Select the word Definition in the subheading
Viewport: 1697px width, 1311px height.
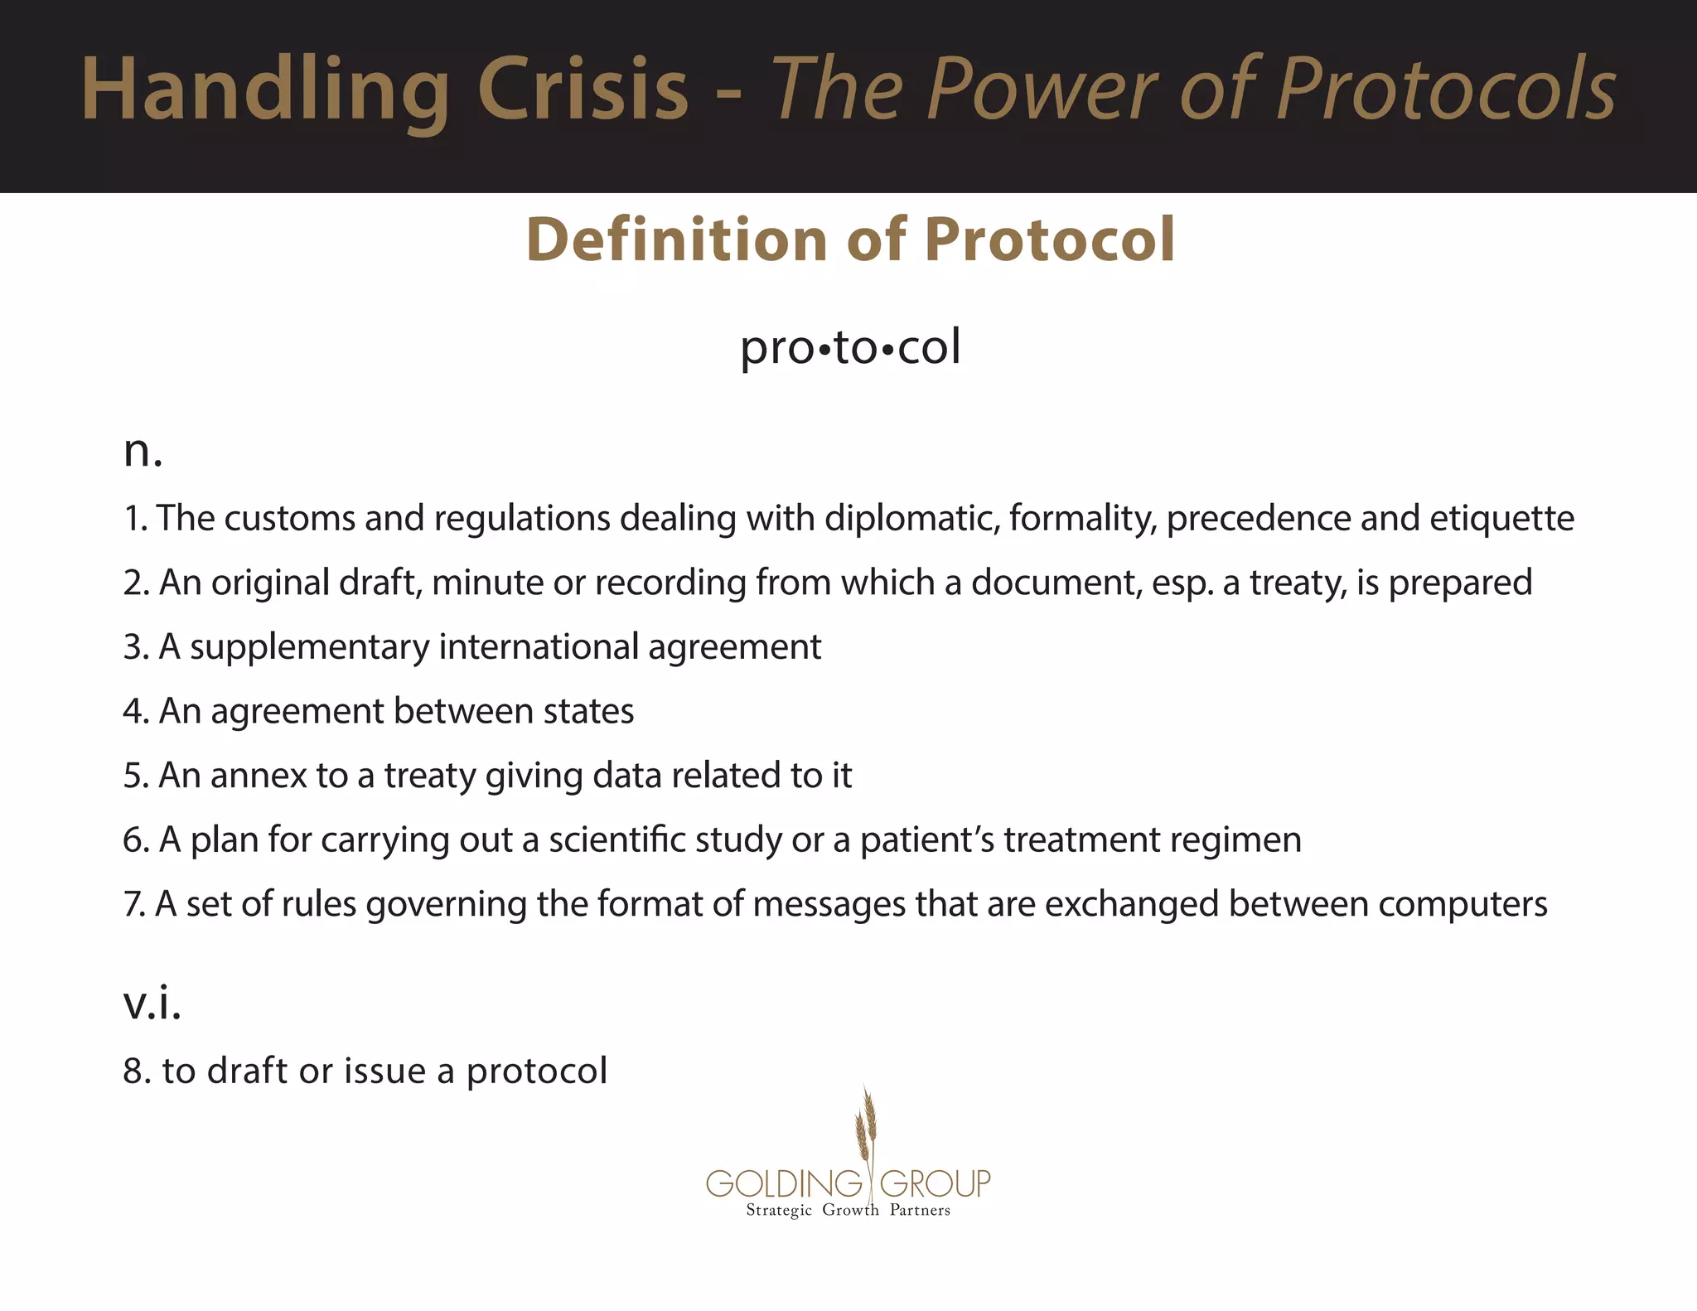pos(676,240)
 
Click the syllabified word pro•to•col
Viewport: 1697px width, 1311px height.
pos(849,347)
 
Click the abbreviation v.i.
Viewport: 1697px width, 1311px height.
pos(152,1004)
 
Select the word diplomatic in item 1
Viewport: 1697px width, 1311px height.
pos(911,519)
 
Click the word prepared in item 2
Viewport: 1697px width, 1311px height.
pos(1460,583)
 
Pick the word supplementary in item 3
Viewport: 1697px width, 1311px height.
pos(309,648)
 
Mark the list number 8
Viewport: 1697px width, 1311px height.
pos(136,1072)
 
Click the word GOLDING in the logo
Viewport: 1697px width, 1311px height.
pos(784,1183)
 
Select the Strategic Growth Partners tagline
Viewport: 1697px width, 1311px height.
pos(848,1211)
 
